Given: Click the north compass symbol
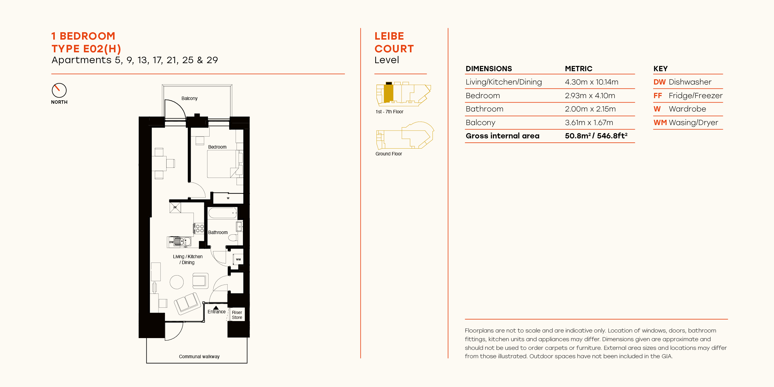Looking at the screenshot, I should coord(59,90).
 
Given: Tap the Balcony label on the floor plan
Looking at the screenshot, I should coord(189,98).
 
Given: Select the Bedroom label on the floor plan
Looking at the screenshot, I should coord(217,147).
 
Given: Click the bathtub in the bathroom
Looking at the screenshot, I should coord(222,213).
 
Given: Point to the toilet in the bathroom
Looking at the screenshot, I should coord(233,238).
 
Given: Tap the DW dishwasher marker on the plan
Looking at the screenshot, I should coord(171,242).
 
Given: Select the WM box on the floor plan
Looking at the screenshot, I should coord(238,259).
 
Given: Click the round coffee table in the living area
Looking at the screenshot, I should coord(177,282).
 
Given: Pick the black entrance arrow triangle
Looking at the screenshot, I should coord(216,308).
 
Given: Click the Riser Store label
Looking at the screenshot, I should coord(237,315).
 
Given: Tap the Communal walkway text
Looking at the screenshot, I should coord(199,357).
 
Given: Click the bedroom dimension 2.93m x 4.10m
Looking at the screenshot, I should coord(590,96).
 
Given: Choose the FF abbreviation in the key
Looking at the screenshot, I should coord(658,96).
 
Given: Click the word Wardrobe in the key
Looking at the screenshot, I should coord(687,109).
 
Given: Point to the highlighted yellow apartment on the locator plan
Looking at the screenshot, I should coord(389,93).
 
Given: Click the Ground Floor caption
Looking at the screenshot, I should coord(389,154).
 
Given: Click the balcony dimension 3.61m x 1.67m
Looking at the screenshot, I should coord(589,123).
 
